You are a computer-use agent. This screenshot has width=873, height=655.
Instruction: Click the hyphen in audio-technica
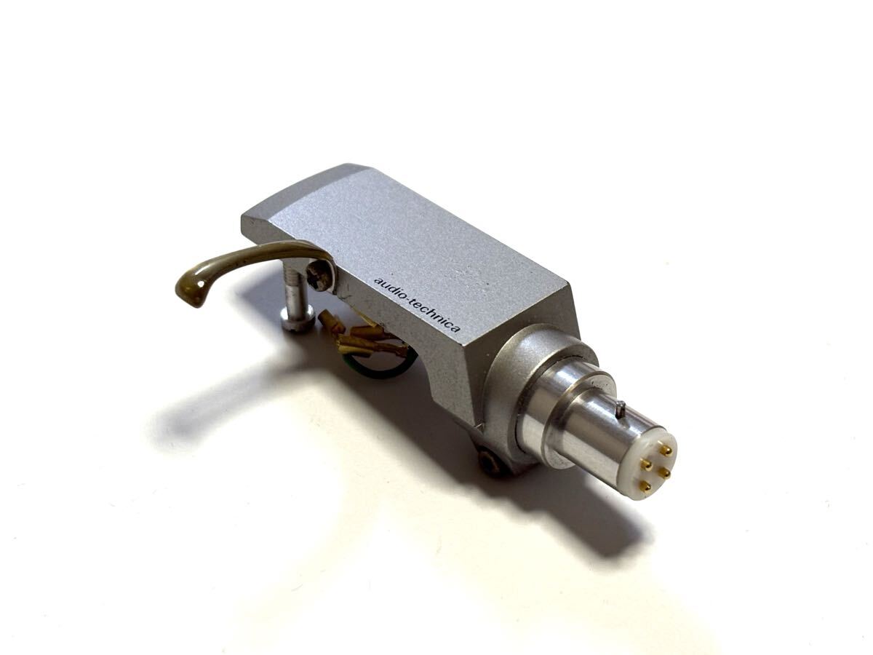pyautogui.click(x=408, y=301)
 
